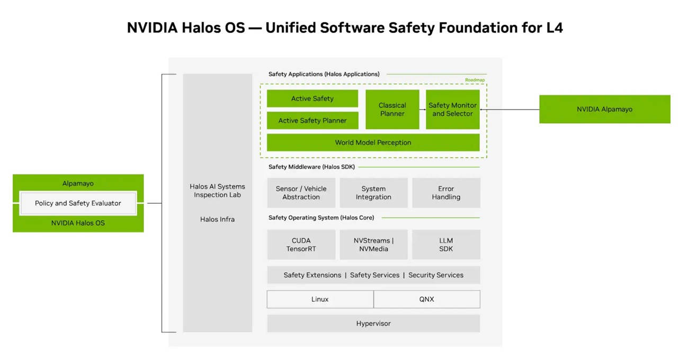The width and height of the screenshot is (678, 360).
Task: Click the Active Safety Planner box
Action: pos(313,120)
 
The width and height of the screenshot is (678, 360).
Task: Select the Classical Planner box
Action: pos(392,109)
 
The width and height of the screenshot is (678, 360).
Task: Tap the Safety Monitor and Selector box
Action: pos(452,109)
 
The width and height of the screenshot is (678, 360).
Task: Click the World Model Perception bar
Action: pos(373,142)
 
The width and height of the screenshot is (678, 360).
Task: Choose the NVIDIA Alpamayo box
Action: pos(604,109)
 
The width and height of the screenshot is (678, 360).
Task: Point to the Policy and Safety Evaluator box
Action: pos(78,203)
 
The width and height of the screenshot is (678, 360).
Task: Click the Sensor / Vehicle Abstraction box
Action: pos(301,193)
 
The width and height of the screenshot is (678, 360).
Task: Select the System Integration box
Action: pos(373,193)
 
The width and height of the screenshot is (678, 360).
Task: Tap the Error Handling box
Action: pos(446,193)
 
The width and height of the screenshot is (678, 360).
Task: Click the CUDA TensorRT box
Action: pos(301,245)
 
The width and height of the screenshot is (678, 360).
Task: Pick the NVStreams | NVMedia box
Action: pos(373,245)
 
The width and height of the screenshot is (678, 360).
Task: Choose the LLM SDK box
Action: pos(446,245)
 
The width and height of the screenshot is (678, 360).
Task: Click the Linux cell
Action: pos(320,299)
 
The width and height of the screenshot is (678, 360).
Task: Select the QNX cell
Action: pos(427,299)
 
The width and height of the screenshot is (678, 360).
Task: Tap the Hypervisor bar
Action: pos(373,323)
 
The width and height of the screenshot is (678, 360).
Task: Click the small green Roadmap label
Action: pos(475,80)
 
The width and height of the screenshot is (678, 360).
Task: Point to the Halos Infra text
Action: pos(217,219)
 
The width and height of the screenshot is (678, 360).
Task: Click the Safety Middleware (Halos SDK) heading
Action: pos(311,167)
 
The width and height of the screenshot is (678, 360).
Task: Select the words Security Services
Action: pos(436,275)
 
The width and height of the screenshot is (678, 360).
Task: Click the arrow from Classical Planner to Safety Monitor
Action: pos(423,110)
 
